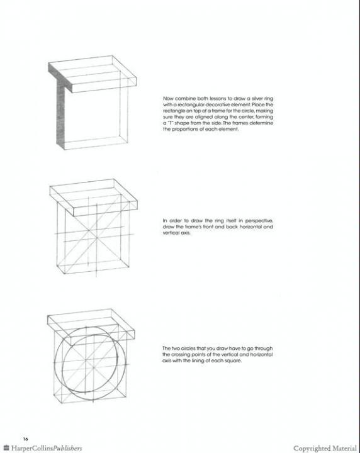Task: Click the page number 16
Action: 26,439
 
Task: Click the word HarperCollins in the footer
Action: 32,448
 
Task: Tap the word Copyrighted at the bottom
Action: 312,449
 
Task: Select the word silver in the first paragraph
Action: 258,99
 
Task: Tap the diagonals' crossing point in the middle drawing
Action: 96,237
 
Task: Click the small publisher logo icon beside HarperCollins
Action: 6,448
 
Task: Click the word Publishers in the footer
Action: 68,448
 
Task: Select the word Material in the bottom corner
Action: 344,449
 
